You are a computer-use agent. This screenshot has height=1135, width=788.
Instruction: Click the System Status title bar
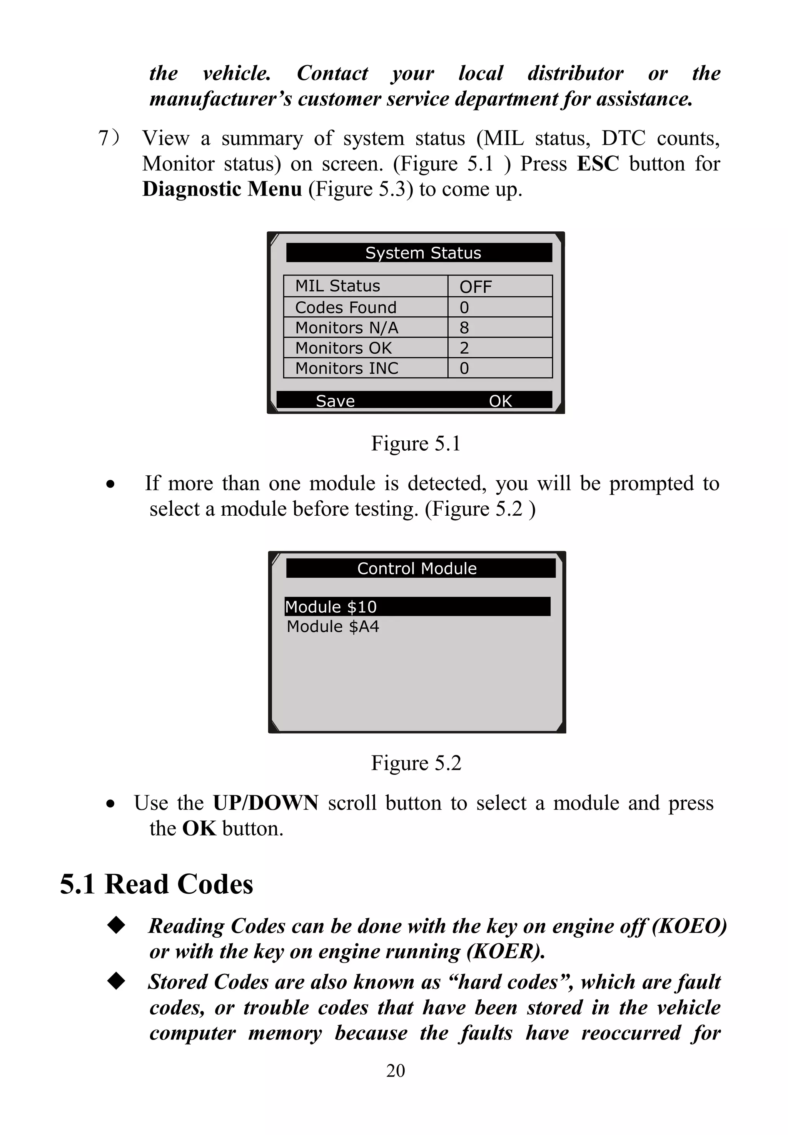(x=419, y=253)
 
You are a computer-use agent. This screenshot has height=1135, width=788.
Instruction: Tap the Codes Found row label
(x=346, y=307)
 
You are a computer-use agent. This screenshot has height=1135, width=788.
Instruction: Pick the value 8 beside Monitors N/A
(x=464, y=328)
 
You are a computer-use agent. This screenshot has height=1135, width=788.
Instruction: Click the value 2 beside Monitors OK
(x=464, y=348)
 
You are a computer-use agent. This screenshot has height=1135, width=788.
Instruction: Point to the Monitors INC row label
(x=347, y=368)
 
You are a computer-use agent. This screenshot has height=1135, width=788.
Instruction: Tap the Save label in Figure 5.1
(x=335, y=401)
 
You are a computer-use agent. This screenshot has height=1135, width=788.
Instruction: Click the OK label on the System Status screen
(x=500, y=401)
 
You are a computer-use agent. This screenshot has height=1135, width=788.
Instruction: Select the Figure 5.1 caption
(x=416, y=443)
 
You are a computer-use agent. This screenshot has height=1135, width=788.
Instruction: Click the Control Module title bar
(x=420, y=568)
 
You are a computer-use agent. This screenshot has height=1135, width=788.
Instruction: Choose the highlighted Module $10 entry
(x=417, y=607)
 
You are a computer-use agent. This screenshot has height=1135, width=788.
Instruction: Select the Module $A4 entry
(x=333, y=627)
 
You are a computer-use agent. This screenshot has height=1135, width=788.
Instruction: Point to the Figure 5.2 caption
(x=416, y=763)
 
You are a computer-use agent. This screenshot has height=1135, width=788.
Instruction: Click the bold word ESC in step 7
(x=598, y=164)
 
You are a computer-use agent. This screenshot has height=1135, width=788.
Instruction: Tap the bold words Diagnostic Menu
(x=222, y=189)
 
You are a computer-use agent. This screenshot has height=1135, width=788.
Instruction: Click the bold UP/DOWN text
(x=265, y=804)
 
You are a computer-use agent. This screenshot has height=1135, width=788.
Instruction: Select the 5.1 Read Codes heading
(x=157, y=884)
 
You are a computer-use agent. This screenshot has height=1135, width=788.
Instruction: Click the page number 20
(x=396, y=1071)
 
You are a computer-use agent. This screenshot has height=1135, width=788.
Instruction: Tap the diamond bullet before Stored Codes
(x=117, y=981)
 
